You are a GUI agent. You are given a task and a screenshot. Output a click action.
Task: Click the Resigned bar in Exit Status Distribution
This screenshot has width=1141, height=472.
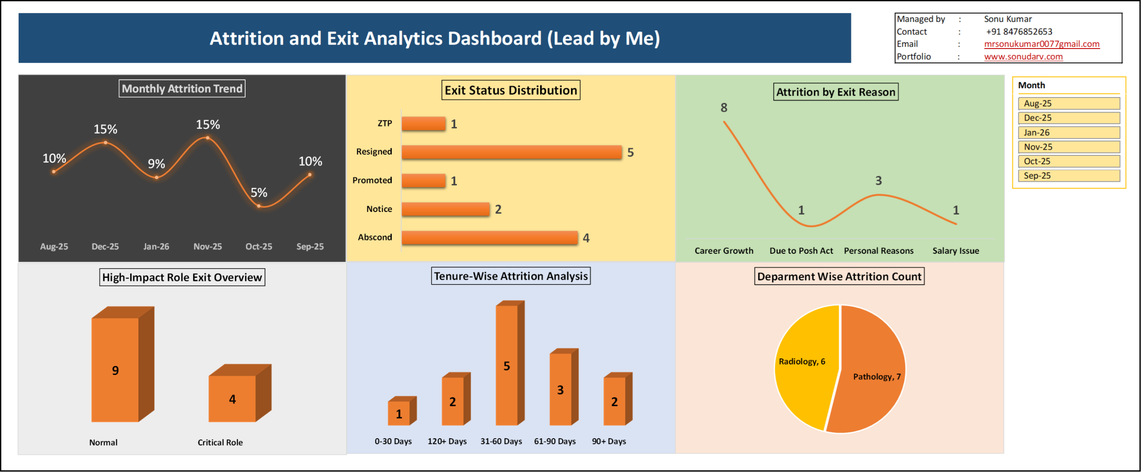(512, 152)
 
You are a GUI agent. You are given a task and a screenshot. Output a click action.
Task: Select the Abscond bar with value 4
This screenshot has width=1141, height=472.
(489, 237)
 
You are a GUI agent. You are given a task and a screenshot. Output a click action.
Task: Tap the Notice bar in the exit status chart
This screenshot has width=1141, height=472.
(445, 209)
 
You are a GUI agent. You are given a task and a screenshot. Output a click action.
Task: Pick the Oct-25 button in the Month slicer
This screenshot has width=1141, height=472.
(1069, 161)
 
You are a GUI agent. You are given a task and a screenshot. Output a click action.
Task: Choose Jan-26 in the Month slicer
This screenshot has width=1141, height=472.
(1069, 132)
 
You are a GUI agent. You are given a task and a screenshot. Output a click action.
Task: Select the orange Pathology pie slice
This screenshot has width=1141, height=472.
(867, 370)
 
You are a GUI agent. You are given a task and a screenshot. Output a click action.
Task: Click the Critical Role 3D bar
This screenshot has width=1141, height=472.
(240, 393)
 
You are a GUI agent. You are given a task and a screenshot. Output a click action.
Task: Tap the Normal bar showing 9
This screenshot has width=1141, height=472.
(123, 364)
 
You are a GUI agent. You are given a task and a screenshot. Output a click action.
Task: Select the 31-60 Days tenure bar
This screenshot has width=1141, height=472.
(510, 363)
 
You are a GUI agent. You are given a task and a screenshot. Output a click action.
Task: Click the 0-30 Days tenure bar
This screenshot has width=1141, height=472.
(402, 411)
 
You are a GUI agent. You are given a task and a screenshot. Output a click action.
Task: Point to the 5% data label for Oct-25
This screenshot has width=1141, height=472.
(259, 192)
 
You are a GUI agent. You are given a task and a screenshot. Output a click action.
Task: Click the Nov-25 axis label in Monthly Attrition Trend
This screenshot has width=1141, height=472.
(208, 246)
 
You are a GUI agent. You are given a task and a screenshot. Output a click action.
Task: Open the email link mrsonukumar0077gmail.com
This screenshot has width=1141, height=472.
(1042, 44)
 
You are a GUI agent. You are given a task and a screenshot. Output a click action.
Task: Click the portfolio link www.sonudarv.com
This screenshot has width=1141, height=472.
(1023, 57)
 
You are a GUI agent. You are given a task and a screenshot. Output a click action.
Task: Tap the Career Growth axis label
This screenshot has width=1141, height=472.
(724, 251)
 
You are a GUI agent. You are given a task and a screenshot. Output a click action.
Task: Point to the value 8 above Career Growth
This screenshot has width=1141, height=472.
(724, 107)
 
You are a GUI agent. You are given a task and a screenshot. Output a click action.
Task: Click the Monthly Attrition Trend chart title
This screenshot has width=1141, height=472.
(182, 88)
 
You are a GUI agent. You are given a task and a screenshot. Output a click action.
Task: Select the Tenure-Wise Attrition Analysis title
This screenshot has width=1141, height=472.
(511, 276)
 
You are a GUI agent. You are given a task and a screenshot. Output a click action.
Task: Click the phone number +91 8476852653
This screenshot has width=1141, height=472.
(1019, 32)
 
